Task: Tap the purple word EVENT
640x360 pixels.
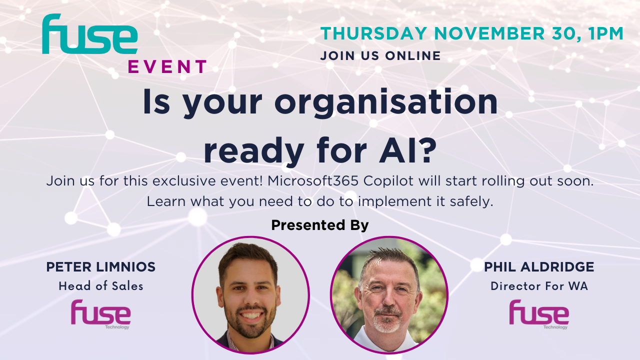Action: coord(167,67)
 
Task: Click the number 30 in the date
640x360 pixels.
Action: coord(565,34)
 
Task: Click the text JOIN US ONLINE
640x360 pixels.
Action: coord(380,55)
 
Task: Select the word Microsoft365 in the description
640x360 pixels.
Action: coord(313,181)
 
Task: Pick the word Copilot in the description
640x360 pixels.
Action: coord(388,181)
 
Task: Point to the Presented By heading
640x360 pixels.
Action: coord(320,225)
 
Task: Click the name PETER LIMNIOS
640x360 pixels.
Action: coord(101,267)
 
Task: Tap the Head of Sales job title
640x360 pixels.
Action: coord(101,286)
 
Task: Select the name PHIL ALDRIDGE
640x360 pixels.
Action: coord(539,267)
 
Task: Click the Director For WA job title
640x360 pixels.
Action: coord(539,286)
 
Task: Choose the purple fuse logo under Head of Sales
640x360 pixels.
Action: coord(101,314)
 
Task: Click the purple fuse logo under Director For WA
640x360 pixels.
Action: coord(539,314)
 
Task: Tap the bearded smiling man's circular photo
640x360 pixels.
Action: coord(250,295)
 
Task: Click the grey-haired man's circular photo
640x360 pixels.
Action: coord(389,295)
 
